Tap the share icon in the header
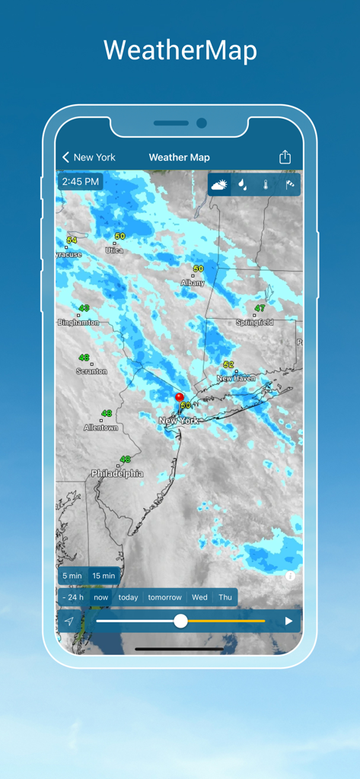point(285,157)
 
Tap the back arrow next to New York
point(66,157)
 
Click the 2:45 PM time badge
point(81,182)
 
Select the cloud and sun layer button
point(219,185)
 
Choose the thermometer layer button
point(266,185)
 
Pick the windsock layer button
point(289,185)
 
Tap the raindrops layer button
point(242,185)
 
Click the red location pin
point(180,398)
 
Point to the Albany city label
point(193,283)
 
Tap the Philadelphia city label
point(117,473)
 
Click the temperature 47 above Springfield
point(260,308)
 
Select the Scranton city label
point(91,371)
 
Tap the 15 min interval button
point(104,576)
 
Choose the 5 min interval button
point(72,576)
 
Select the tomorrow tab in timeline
point(165,597)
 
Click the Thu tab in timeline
point(225,597)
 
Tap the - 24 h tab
point(74,597)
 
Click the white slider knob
point(180,621)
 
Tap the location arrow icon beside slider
point(69,622)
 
